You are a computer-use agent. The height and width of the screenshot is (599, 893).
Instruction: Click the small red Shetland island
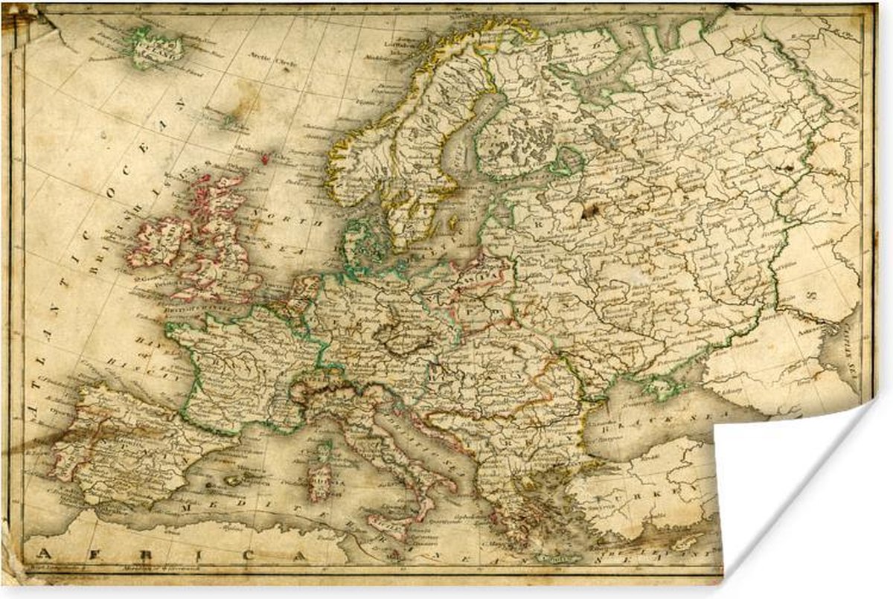265,158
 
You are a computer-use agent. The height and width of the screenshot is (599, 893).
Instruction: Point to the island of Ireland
157,242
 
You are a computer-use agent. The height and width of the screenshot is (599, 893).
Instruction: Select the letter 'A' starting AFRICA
44,554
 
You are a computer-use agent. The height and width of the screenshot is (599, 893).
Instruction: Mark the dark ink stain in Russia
592,212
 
